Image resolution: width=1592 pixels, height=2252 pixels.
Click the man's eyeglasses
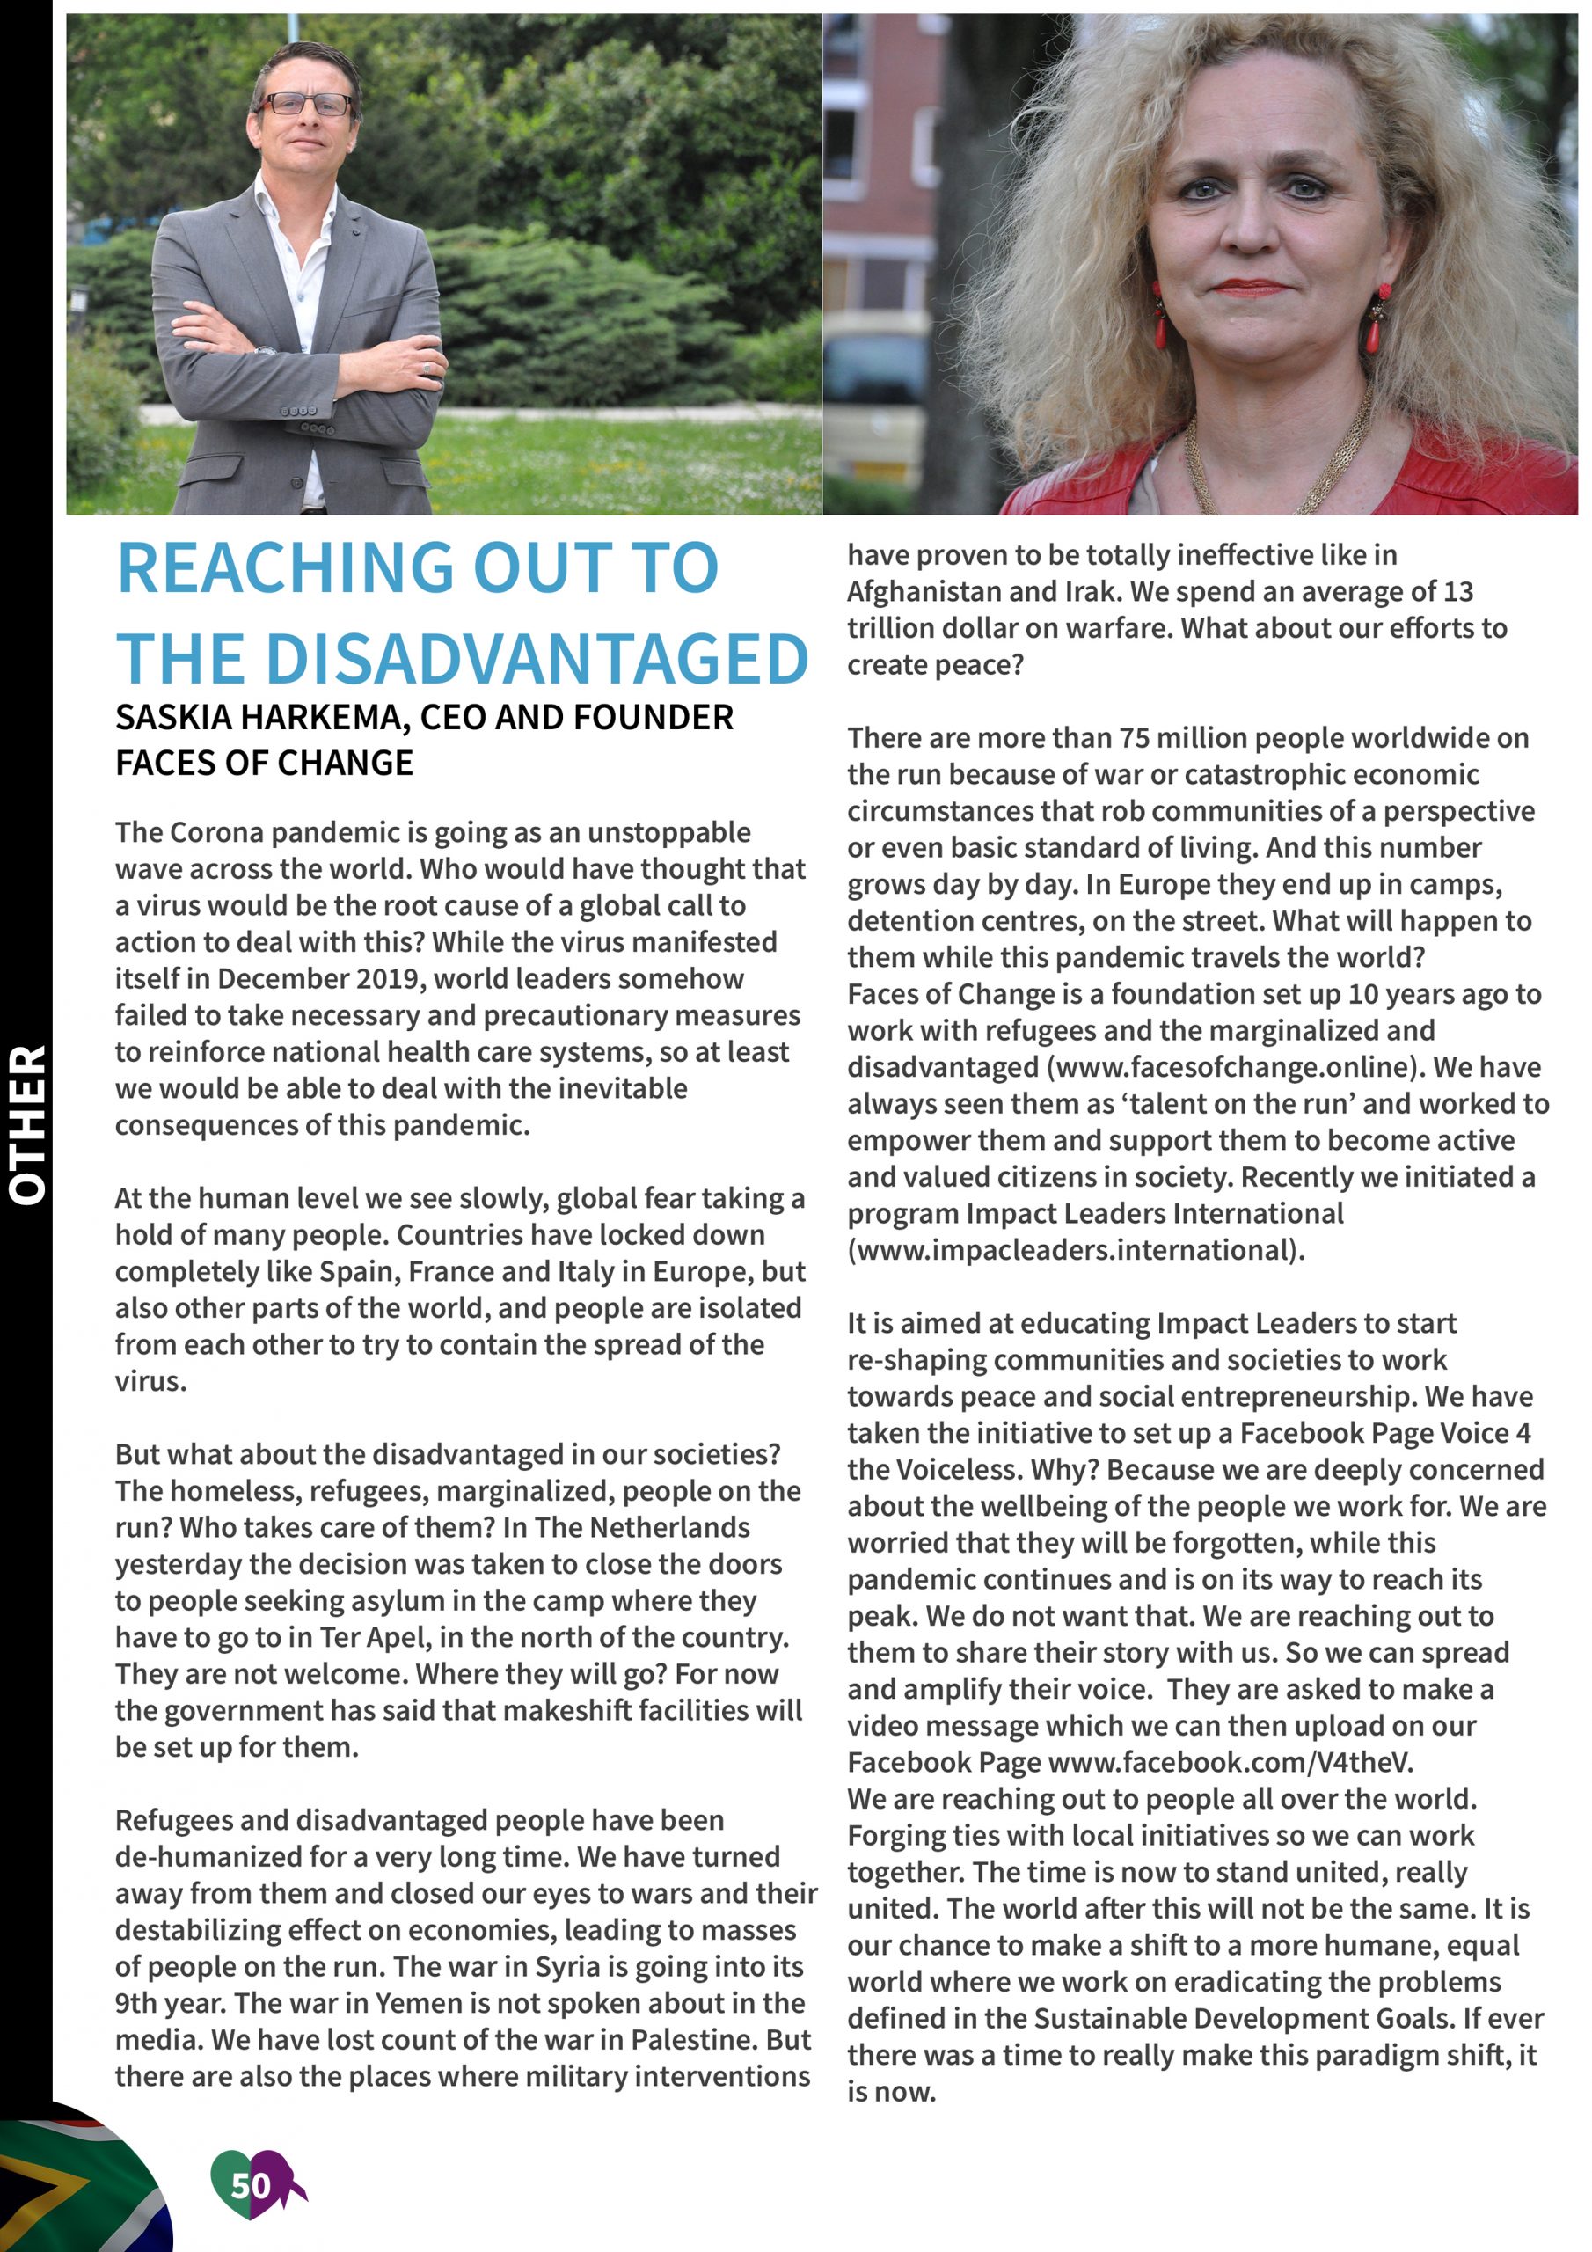[x=306, y=104]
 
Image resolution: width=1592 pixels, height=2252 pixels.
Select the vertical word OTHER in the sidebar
[x=27, y=1124]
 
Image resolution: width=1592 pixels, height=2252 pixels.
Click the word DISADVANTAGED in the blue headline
[x=537, y=659]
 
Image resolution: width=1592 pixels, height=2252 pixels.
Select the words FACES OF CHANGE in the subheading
[x=264, y=763]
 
